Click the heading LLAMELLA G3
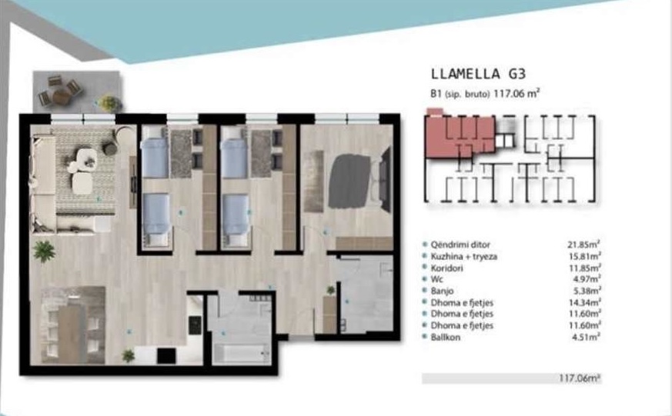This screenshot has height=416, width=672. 478,74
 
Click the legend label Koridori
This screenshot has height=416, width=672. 446,268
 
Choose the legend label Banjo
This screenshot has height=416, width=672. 442,291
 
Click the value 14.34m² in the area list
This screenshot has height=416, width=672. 584,303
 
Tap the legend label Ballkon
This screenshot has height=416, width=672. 445,338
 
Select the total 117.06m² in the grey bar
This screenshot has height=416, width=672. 580,378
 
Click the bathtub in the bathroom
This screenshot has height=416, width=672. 241,354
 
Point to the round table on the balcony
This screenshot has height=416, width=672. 61,96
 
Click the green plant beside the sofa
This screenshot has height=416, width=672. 44,251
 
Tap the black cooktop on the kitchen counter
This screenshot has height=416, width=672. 195,325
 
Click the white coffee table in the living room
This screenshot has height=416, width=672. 82,183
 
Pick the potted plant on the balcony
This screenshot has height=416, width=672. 110,103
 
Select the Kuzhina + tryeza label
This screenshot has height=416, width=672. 463,256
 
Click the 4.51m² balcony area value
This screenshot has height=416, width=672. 586,338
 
